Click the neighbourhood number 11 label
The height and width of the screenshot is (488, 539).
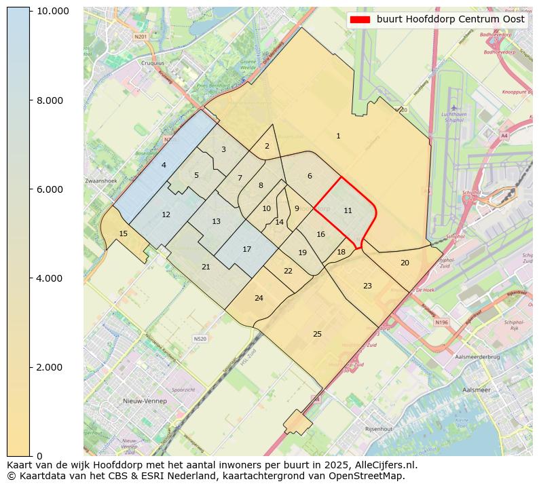348,210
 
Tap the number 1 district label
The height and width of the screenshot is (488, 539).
338,136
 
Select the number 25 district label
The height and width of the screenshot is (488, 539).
317,334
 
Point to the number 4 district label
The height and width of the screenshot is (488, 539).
164,165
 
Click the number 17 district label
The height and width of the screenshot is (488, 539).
247,249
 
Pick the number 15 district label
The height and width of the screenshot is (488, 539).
123,233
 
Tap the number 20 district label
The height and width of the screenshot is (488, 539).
405,263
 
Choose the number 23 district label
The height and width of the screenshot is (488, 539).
367,286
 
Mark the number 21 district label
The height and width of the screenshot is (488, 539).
206,267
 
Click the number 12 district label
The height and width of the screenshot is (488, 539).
166,214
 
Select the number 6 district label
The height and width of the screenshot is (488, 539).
310,176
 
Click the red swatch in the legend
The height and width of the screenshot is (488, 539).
360,20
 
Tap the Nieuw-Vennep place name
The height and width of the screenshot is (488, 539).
145,401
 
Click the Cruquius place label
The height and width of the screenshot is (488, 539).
152,63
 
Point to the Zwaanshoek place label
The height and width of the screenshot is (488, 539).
101,181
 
